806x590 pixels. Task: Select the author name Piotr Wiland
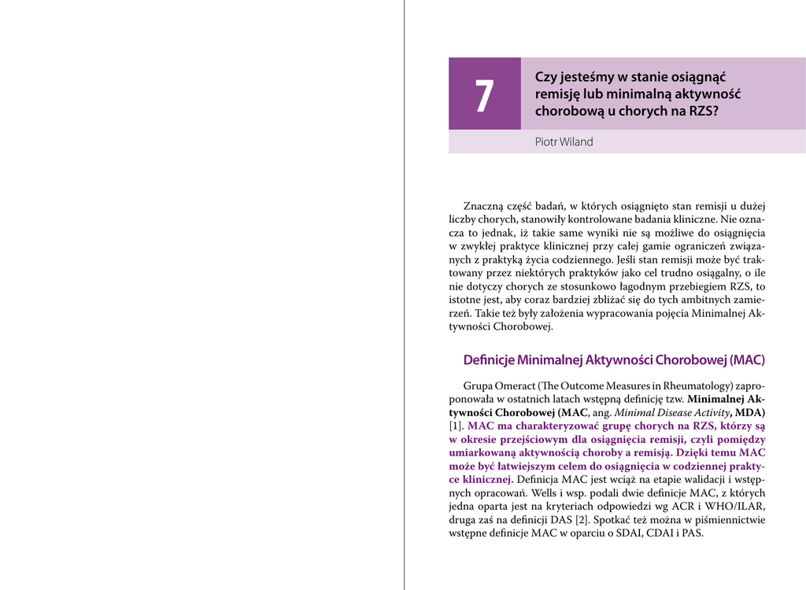tap(564, 142)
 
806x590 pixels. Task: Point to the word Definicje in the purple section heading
tap(488, 360)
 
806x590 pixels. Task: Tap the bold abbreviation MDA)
tap(750, 412)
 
